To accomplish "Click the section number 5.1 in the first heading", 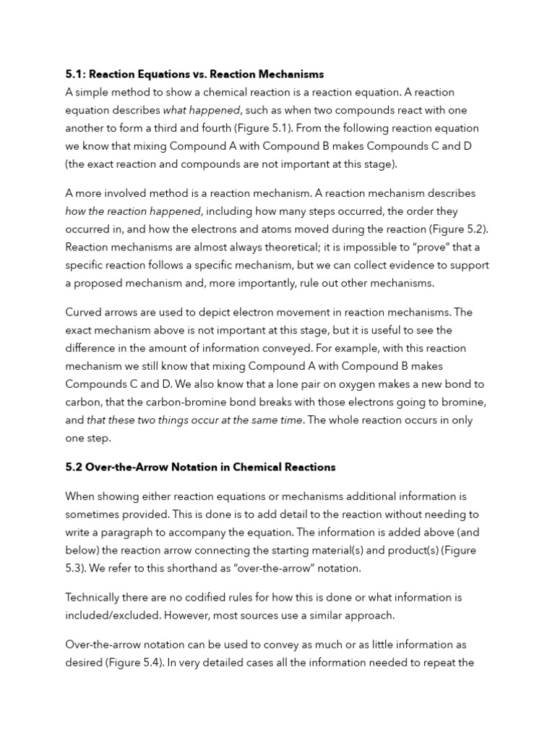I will coord(74,74).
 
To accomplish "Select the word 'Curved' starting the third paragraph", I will coord(84,312).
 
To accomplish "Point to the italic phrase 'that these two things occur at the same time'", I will coord(194,420).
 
